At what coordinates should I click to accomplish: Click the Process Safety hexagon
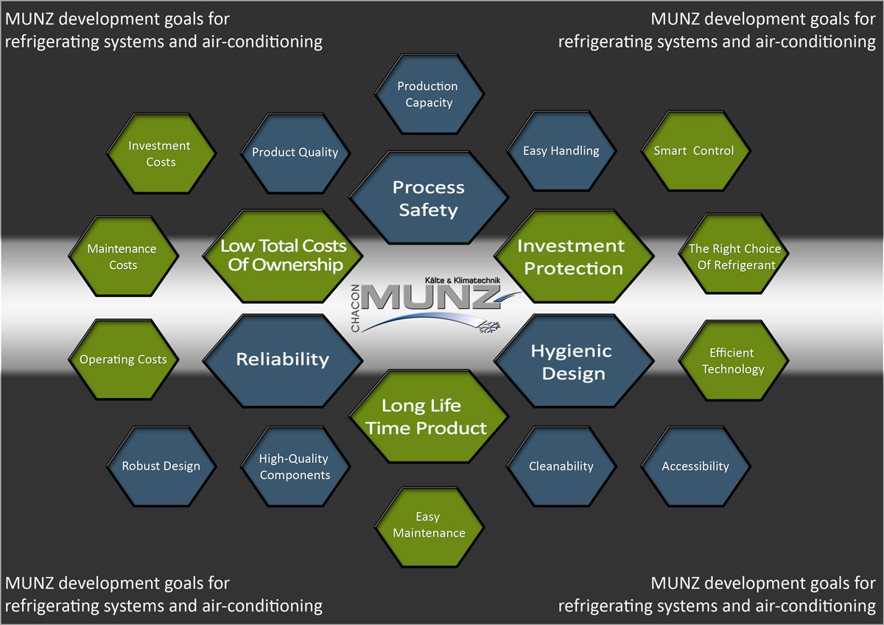coord(429,198)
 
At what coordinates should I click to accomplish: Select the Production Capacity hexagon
coord(429,94)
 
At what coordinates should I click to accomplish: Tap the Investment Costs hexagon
coord(160,153)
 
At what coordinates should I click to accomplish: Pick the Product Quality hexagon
coord(295,153)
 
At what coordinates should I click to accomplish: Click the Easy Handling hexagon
coord(561,150)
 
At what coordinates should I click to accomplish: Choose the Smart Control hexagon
coord(694,150)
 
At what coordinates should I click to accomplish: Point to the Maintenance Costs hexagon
coord(122,256)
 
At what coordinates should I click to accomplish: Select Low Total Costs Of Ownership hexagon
coord(283,255)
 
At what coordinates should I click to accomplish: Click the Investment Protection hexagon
coord(573,256)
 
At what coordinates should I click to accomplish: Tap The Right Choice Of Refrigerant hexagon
coord(734,256)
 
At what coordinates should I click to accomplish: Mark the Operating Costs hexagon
coord(123,360)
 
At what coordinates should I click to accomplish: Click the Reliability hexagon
coord(283,359)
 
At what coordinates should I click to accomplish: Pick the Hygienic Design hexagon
coord(573,361)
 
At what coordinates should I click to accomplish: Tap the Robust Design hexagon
coord(161,466)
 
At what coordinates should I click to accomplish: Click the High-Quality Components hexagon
coord(295,466)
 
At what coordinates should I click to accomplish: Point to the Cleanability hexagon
coord(561,466)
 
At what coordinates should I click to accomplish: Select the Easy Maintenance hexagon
coord(429,525)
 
